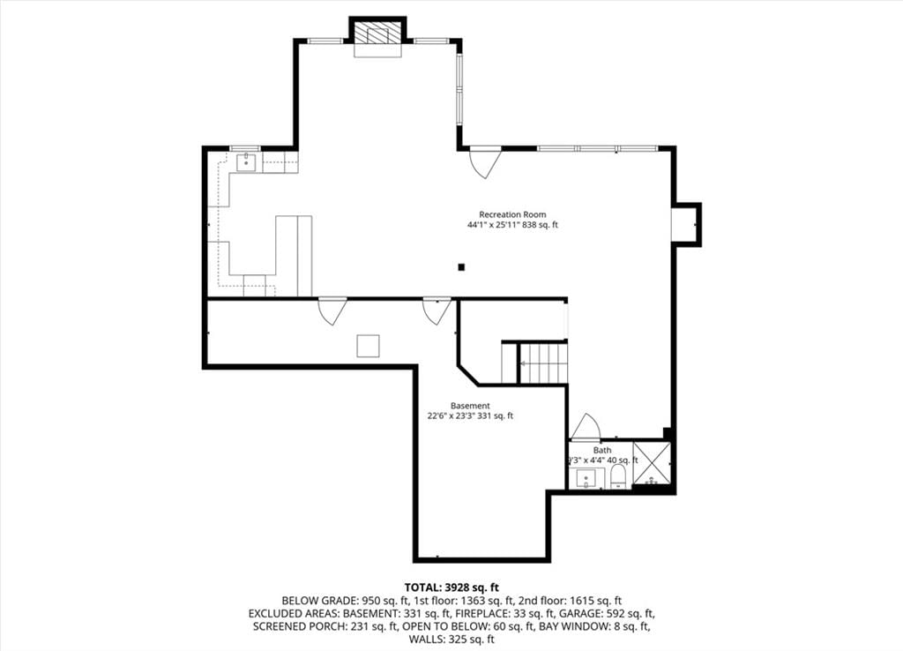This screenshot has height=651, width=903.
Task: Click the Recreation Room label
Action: click(x=512, y=215)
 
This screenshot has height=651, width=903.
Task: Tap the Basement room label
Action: click(x=470, y=406)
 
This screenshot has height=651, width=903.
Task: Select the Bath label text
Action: click(x=602, y=450)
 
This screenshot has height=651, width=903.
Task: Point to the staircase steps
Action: click(x=543, y=363)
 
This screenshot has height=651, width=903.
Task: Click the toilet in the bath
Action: click(x=618, y=477)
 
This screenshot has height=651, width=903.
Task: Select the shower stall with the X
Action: click(x=652, y=464)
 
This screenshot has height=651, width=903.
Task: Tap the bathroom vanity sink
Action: click(x=586, y=479)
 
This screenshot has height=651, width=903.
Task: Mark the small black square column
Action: click(x=461, y=266)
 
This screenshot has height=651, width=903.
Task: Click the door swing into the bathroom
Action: click(x=586, y=427)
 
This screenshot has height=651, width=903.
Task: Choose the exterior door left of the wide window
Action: click(x=486, y=163)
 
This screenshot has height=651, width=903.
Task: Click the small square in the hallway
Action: click(x=368, y=347)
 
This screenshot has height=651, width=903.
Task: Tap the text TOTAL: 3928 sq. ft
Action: click(x=451, y=587)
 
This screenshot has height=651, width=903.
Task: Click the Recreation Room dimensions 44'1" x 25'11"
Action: click(x=492, y=225)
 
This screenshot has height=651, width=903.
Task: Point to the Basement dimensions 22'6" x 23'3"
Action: click(x=451, y=415)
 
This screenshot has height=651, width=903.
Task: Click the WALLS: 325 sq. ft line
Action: click(x=451, y=640)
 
